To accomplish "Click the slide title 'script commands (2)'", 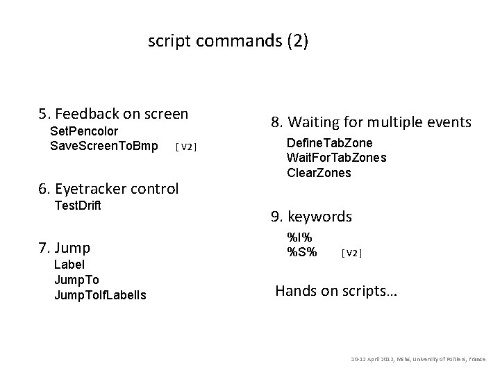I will click(228, 42).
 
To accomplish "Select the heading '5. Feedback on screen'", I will click(113, 113).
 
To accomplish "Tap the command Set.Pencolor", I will click(84, 131).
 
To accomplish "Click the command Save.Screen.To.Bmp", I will click(103, 146).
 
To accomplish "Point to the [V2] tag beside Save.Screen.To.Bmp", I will click(186, 147).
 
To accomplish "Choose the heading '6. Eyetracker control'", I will click(109, 188).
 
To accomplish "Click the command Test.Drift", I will click(77, 206).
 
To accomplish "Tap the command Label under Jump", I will click(69, 265).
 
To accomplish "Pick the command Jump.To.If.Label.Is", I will click(100, 295).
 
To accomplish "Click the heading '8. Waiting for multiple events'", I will click(371, 123).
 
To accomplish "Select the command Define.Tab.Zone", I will click(329, 143).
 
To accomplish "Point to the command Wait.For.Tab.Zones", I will click(336, 158).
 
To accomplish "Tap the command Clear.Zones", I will click(319, 172).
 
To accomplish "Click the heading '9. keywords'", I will click(312, 217).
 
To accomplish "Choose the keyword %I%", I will click(299, 236).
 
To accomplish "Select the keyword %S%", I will click(302, 251).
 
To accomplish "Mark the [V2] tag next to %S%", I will click(351, 252).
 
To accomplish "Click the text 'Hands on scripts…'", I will click(336, 291).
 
